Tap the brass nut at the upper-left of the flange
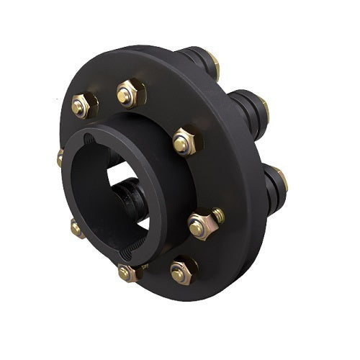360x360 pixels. [x=81, y=106]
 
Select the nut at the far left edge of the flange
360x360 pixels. [x=60, y=157]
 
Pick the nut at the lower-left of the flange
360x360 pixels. [x=77, y=229]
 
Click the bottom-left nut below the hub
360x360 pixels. [x=127, y=272]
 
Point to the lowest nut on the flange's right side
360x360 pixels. [x=183, y=271]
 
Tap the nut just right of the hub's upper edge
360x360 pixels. [x=182, y=142]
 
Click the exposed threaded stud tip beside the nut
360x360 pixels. [x=217, y=215]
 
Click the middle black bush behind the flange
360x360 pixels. [x=245, y=106]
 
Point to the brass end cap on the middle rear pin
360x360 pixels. [x=264, y=108]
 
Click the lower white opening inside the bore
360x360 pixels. [x=144, y=222]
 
